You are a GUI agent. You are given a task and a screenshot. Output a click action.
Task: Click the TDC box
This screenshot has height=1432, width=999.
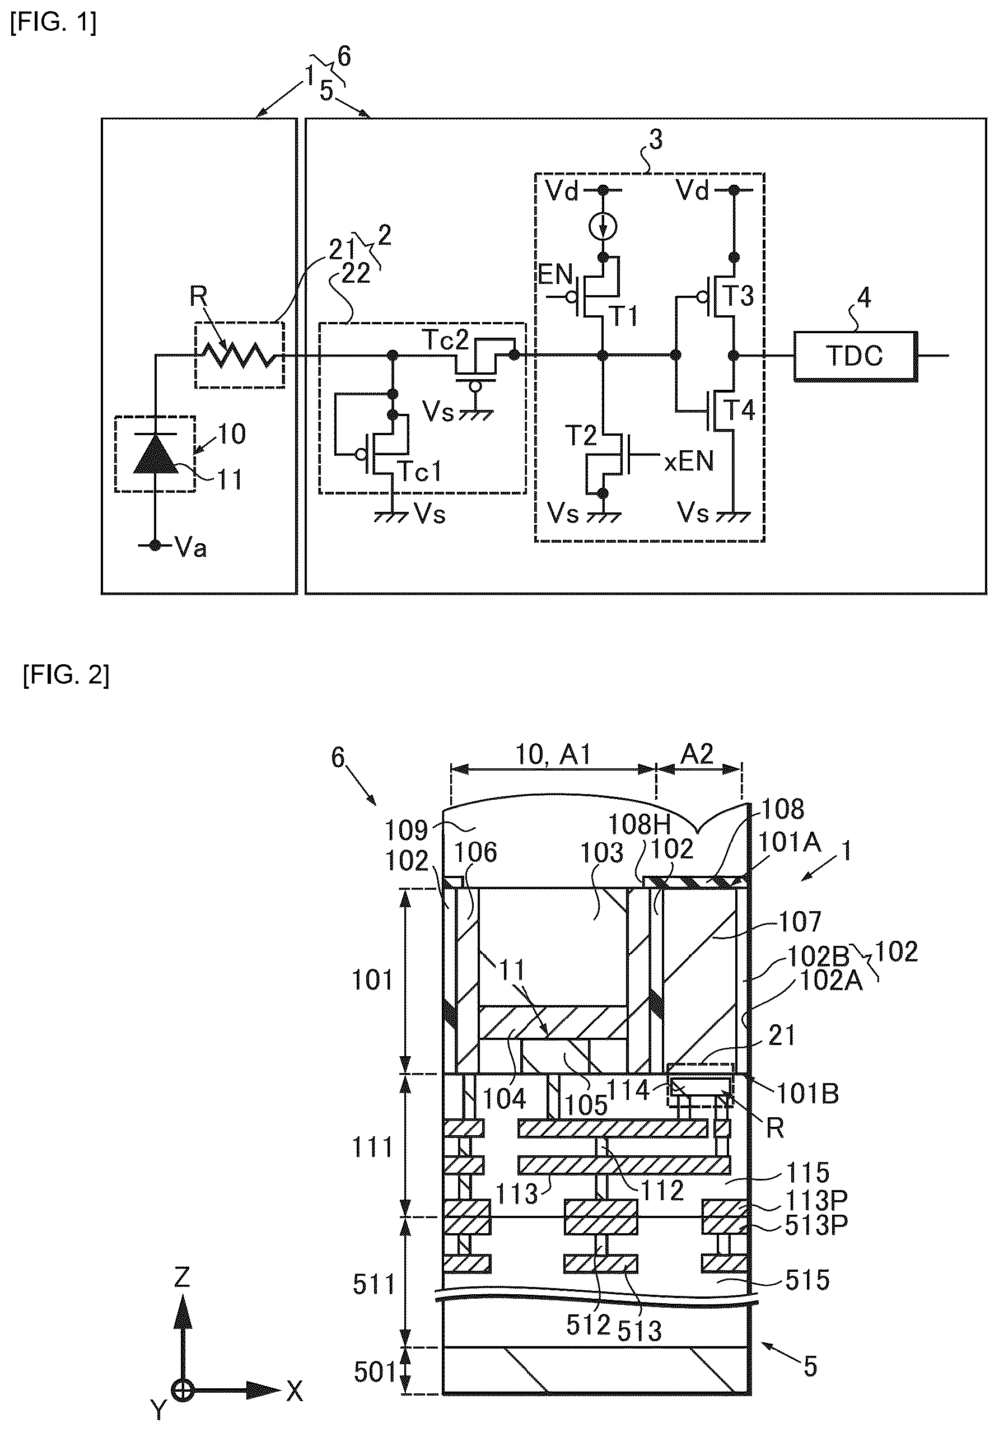pos(855,356)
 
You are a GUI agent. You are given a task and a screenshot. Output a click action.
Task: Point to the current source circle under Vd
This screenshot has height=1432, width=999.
pos(603,227)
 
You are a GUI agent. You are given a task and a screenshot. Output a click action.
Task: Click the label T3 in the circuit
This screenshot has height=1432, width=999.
pos(737,296)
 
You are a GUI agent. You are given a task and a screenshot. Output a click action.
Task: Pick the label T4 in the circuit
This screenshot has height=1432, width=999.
pos(739,411)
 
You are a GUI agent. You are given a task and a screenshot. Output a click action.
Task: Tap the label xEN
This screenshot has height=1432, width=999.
pos(688,462)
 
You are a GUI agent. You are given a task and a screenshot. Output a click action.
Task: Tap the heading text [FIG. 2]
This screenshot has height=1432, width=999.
pos(66,676)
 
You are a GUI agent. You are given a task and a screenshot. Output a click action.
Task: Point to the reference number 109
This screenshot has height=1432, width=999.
pos(405,831)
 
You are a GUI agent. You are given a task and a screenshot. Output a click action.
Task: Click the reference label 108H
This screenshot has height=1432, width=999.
pos(638,824)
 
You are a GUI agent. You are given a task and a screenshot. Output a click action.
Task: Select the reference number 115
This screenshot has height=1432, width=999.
pos(808,1173)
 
